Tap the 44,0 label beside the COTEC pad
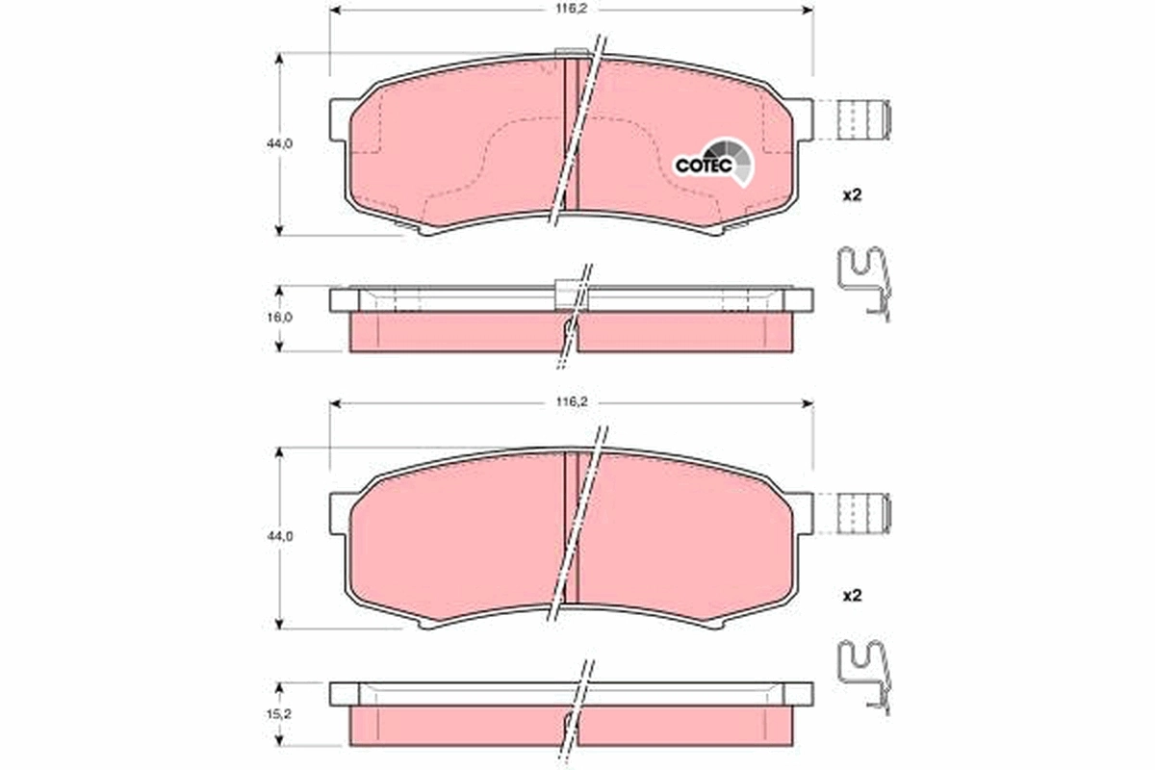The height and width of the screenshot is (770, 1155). click(x=279, y=142)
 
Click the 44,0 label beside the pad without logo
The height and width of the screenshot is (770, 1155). click(x=279, y=536)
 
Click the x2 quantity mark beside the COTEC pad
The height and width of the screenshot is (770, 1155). click(x=851, y=194)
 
